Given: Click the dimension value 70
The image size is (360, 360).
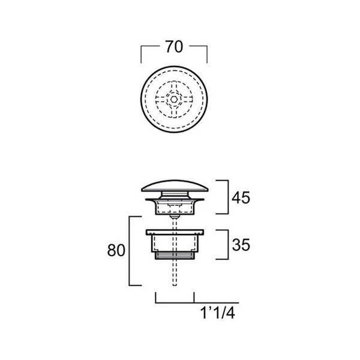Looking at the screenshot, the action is tap(174, 47).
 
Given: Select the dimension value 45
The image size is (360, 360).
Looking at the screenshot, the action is tap(241, 197).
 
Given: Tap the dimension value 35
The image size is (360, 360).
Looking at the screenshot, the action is tap(241, 245).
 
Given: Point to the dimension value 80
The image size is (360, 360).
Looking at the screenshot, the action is tap(116, 250).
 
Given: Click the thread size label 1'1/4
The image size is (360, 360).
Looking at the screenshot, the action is tap(218, 313).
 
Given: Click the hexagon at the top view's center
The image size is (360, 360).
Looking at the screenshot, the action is tap(174, 100).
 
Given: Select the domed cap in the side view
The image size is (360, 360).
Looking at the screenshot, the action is tap(175, 186).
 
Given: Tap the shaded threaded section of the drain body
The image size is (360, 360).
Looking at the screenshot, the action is tap(175, 256).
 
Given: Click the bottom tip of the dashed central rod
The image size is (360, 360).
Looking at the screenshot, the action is tap(175, 286).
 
